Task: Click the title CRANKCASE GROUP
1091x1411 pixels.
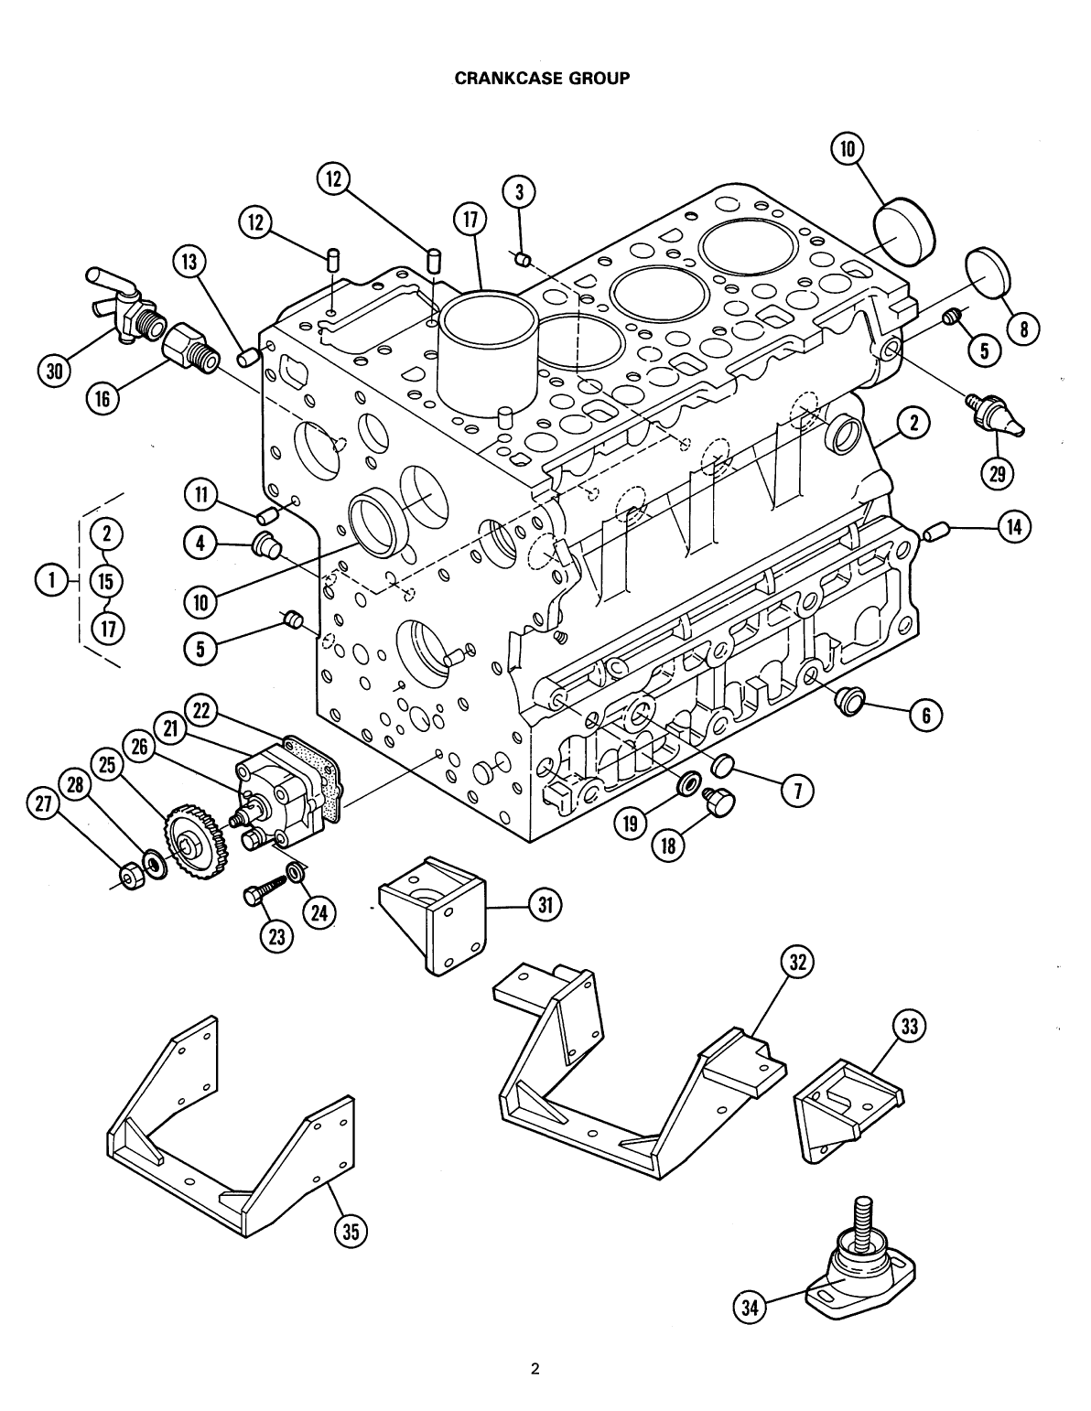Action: pos(542,79)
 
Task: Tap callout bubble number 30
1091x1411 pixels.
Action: pos(55,371)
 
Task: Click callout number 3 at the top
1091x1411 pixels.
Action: pos(519,192)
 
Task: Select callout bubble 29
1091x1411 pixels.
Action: pos(997,472)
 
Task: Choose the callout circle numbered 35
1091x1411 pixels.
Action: pos(350,1232)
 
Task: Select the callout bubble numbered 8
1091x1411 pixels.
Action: pos(1021,329)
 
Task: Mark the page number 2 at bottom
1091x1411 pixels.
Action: pos(535,1369)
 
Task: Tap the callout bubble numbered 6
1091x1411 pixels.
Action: pos(925,716)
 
